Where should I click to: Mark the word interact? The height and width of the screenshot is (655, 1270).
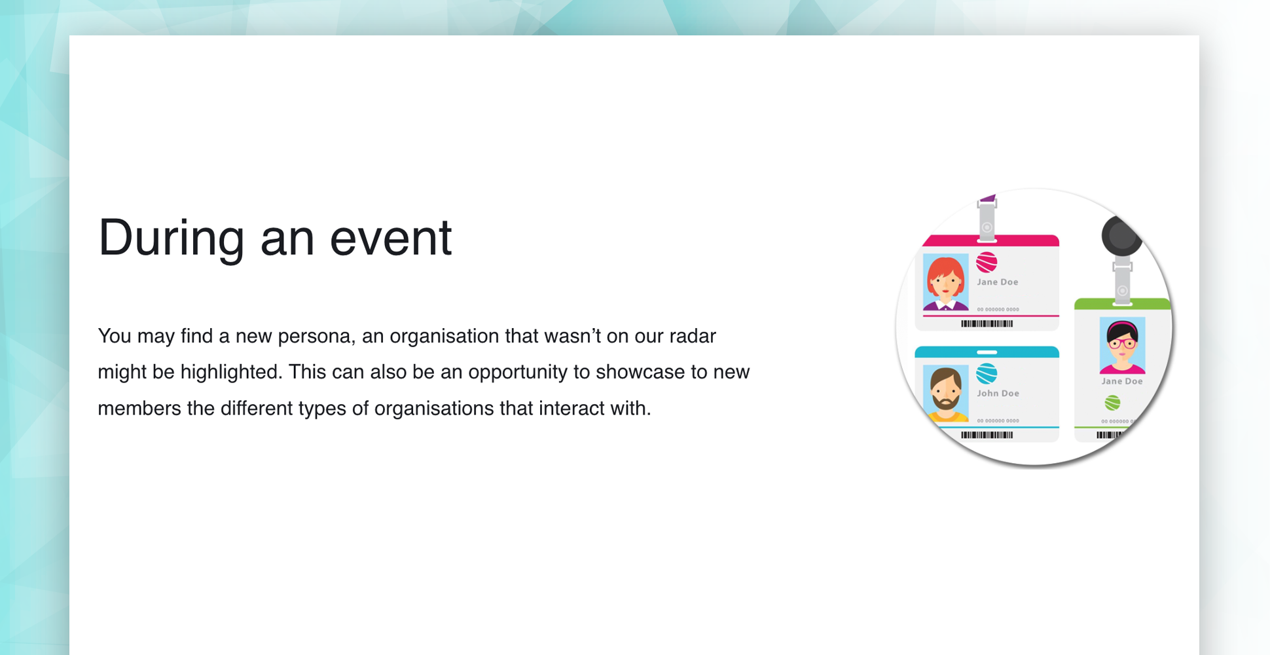[x=571, y=409]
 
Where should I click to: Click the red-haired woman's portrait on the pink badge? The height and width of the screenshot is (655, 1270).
[x=945, y=282]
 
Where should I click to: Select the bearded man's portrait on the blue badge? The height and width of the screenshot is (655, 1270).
[x=945, y=394]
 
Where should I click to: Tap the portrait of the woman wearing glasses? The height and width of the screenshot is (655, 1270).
[x=1122, y=345]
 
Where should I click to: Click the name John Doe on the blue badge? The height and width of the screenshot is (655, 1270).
[x=998, y=394]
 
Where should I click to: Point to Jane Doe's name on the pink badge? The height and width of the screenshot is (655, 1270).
[x=998, y=282]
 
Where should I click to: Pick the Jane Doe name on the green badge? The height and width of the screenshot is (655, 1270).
[x=1122, y=381]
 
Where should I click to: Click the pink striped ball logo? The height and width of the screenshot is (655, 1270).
[x=987, y=263]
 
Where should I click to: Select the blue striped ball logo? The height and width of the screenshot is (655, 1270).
[x=987, y=374]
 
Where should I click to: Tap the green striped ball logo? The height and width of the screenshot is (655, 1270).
[x=1112, y=403]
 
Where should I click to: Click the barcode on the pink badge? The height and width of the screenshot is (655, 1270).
[x=987, y=324]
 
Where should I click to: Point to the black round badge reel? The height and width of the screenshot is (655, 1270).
[x=1121, y=236]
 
